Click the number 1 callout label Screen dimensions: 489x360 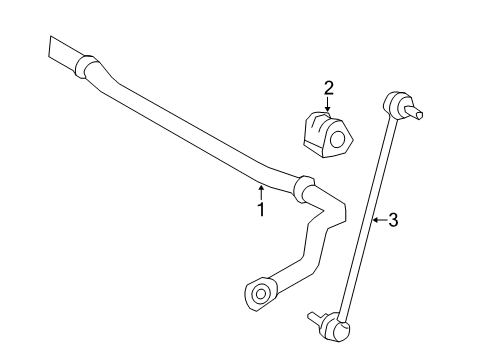pyautogui.click(x=261, y=210)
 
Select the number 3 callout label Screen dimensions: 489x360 pyautogui.click(x=392, y=221)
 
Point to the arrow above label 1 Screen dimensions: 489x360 pyautogui.click(x=261, y=190)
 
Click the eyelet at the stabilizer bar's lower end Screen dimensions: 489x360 pyautogui.click(x=260, y=293)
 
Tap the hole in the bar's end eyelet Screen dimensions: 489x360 pyautogui.click(x=258, y=294)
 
